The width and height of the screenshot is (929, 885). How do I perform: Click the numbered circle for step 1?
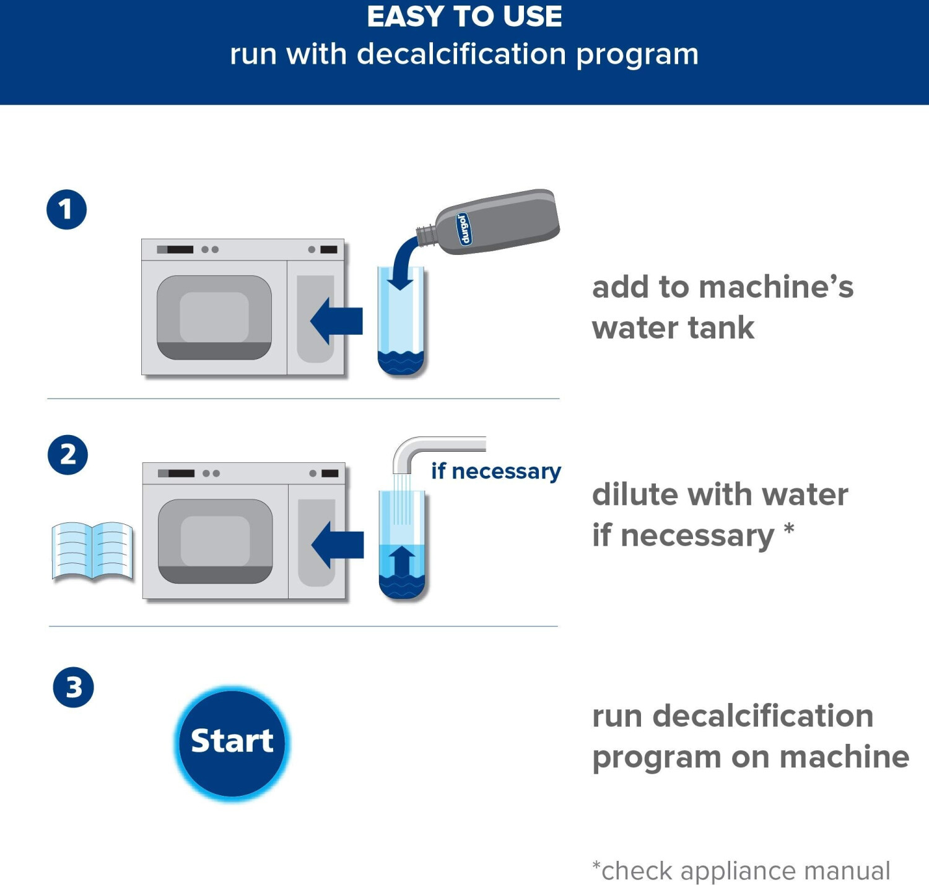click(x=67, y=210)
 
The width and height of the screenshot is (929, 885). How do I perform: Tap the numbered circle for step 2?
click(x=68, y=455)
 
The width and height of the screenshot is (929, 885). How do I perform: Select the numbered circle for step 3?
click(x=73, y=687)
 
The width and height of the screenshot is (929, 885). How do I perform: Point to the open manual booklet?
click(x=92, y=551)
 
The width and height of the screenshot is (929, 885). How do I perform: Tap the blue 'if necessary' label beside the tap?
click(x=495, y=471)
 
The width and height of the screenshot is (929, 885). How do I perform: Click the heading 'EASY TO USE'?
click(x=464, y=17)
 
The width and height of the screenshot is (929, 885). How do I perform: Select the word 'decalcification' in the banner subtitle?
click(x=461, y=54)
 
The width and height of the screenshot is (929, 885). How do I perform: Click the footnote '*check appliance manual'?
click(x=741, y=870)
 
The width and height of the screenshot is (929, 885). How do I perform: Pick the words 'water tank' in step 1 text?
click(x=673, y=328)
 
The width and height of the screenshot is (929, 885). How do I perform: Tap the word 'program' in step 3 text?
click(x=657, y=758)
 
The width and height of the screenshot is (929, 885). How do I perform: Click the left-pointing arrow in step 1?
click(x=336, y=321)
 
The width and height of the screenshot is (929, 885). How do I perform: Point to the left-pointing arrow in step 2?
click(x=338, y=545)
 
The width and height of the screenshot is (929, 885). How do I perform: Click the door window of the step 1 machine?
click(x=214, y=317)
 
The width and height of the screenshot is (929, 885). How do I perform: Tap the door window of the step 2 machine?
click(x=215, y=541)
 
